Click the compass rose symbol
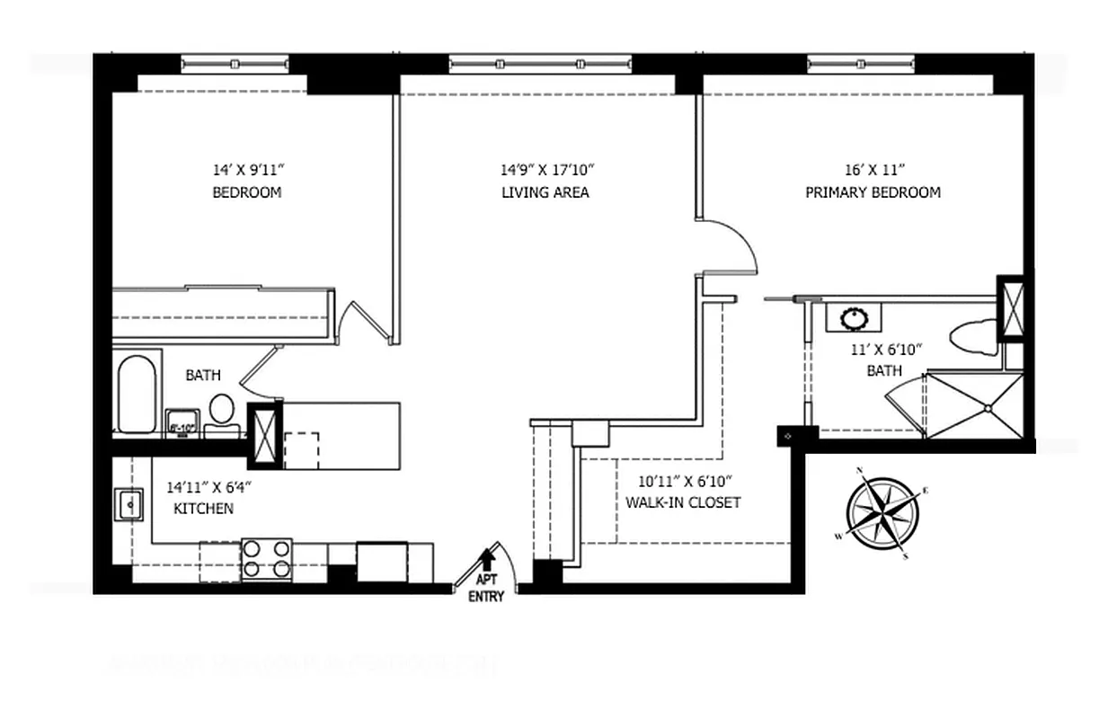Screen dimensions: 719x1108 coord(882,514)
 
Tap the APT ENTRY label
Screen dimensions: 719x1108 coord(486,588)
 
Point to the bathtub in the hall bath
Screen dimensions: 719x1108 coord(137,395)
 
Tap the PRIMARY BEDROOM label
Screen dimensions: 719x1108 coord(873,192)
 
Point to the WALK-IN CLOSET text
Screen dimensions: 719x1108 coord(683,502)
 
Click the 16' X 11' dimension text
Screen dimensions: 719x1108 coord(873,169)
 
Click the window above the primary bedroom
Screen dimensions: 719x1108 coord(860,64)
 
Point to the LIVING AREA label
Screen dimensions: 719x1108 coord(545,192)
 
